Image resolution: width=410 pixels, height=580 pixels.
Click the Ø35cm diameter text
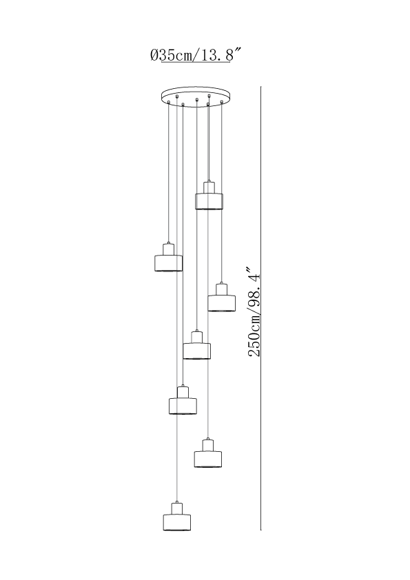click(172, 56)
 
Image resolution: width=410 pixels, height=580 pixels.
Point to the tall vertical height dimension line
click(261, 308)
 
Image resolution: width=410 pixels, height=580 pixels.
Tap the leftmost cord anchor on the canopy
click(169, 102)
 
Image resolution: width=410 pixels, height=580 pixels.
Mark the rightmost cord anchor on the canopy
click(221, 102)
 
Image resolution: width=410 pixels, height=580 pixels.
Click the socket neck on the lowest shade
click(177, 508)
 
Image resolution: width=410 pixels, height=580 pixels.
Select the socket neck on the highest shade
click(209, 187)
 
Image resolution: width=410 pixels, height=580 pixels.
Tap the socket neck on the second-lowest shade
click(208, 445)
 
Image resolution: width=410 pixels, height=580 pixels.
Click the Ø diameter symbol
click(154, 56)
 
